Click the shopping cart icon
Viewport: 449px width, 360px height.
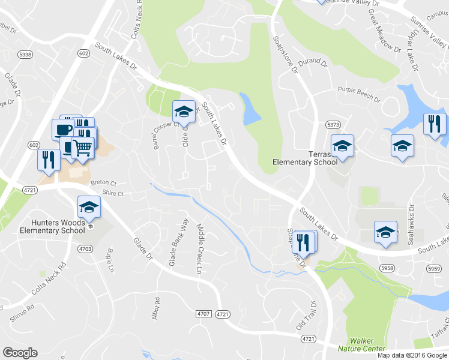pos(83,146)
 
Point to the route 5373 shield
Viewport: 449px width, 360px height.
pos(333,124)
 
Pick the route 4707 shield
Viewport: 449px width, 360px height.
pos(203,314)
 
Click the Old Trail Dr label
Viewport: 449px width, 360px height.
pos(305,317)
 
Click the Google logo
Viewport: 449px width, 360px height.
pos(20,353)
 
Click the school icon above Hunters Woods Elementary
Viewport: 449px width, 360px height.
pos(89,208)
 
